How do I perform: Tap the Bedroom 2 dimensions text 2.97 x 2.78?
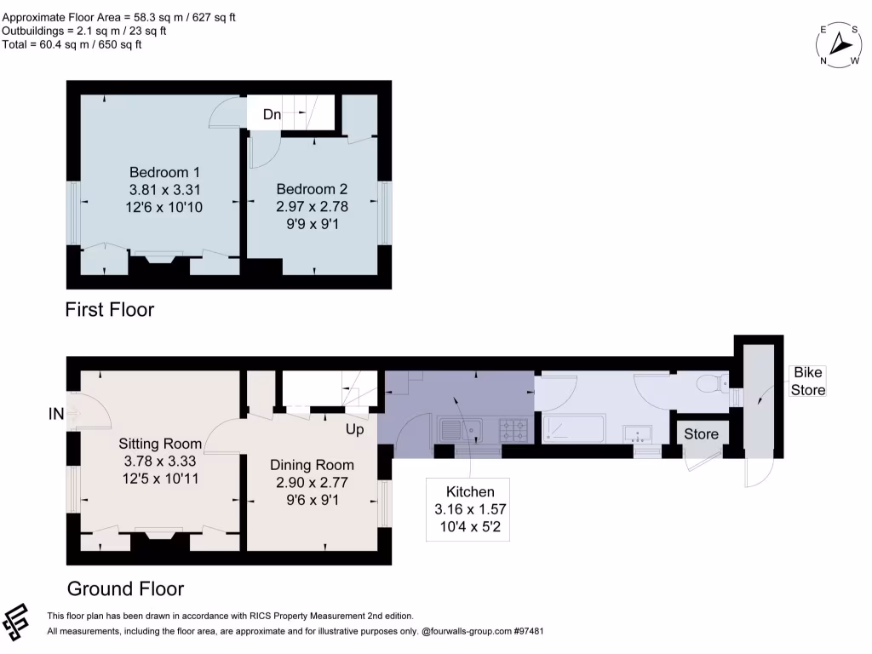(x=312, y=205)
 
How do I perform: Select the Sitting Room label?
(x=160, y=443)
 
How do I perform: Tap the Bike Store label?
(x=808, y=381)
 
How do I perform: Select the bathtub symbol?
(x=574, y=427)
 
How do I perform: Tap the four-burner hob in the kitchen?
(x=513, y=429)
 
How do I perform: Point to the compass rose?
(x=840, y=43)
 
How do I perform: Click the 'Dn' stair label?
(x=272, y=115)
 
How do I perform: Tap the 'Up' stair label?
(x=355, y=429)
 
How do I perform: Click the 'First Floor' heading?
(x=110, y=309)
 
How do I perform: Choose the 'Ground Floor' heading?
(x=125, y=588)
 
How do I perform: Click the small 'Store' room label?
(x=702, y=434)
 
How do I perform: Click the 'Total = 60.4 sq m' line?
(x=72, y=44)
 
